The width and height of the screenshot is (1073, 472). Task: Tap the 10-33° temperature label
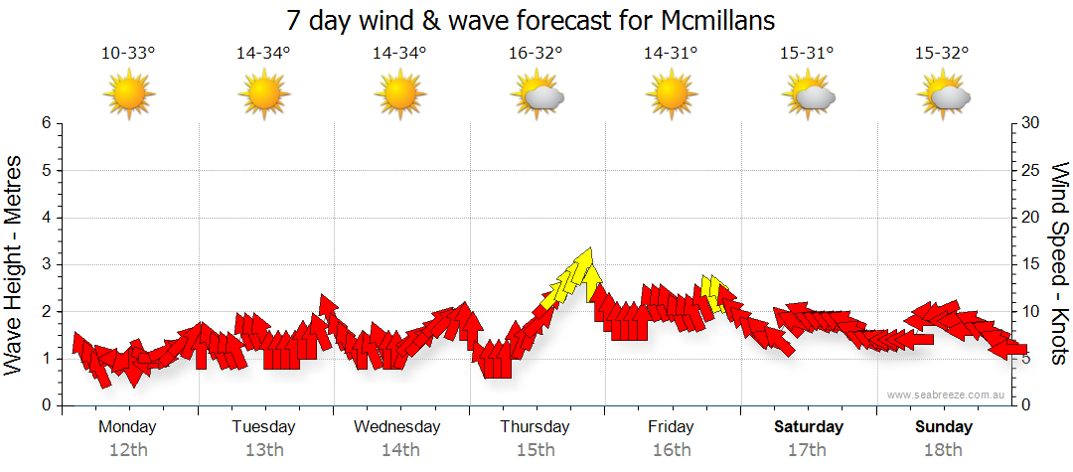(128, 54)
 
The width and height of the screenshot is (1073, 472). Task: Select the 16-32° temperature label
(536, 54)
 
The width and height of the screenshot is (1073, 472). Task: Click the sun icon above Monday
(129, 96)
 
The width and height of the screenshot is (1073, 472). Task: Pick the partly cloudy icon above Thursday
(537, 96)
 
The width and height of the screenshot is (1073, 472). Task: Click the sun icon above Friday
(673, 96)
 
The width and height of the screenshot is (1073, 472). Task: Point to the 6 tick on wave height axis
(46, 123)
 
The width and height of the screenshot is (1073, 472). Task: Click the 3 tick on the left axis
(46, 264)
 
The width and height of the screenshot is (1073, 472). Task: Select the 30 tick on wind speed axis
(1032, 123)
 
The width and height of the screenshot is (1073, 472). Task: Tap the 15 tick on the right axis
(1032, 264)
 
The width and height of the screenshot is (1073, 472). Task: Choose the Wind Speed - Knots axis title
(1059, 264)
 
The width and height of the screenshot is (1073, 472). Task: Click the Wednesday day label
(397, 427)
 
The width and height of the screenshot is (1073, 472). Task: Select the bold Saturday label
(809, 427)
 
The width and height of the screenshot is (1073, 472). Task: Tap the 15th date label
(536, 450)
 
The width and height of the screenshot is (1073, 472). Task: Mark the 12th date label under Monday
(128, 450)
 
